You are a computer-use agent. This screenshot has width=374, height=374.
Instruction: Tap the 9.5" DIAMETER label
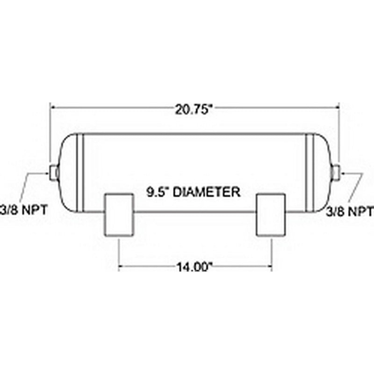(192, 192)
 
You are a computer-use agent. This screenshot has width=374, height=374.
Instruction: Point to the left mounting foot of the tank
(118, 215)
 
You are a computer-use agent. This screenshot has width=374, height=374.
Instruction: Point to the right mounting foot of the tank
(271, 215)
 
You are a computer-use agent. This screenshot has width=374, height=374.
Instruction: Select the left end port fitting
(54, 173)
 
